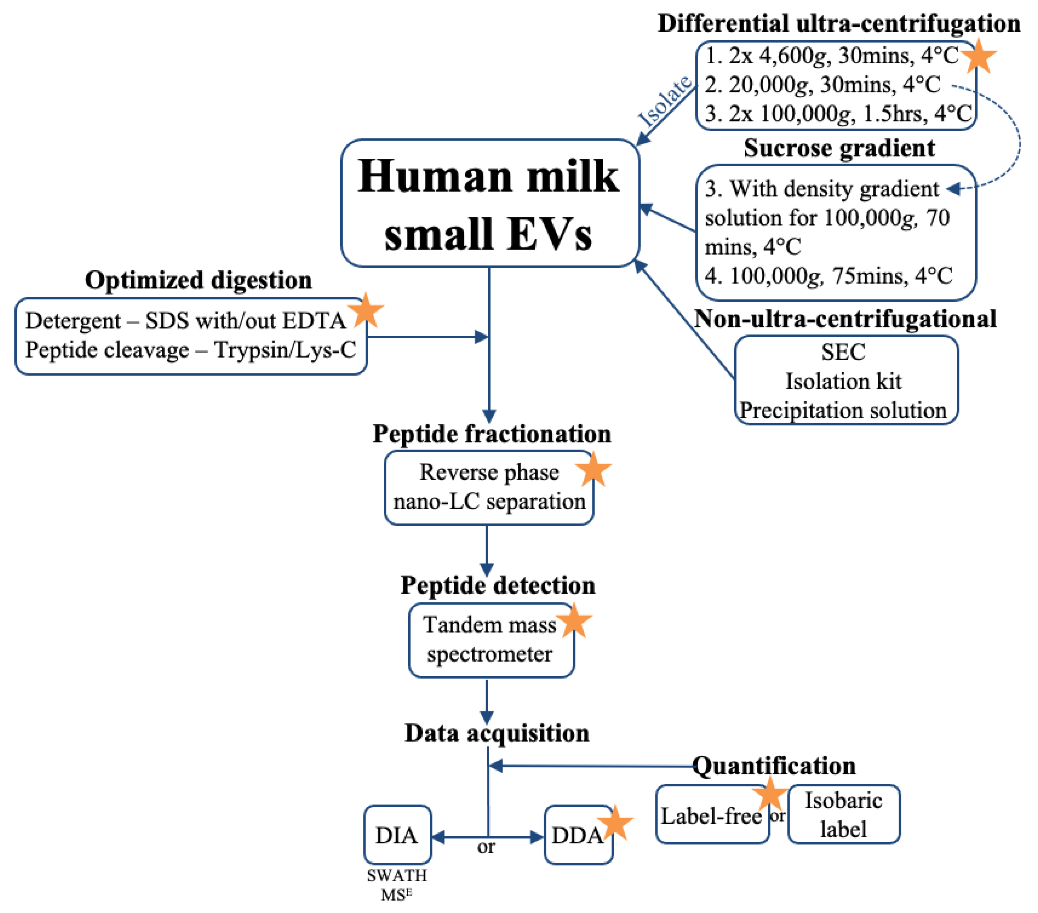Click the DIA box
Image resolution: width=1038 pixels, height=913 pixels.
click(397, 835)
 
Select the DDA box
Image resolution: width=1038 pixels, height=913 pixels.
click(577, 835)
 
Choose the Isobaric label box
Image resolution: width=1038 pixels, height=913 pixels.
click(844, 814)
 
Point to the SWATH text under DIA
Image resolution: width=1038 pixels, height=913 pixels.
click(397, 876)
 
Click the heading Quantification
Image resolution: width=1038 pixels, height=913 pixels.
click(774, 766)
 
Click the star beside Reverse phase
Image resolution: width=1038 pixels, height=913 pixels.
click(593, 470)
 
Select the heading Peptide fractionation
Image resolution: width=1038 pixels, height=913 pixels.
click(492, 434)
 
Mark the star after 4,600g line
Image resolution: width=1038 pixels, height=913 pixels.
click(979, 56)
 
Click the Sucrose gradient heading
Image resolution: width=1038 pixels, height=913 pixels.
click(839, 148)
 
